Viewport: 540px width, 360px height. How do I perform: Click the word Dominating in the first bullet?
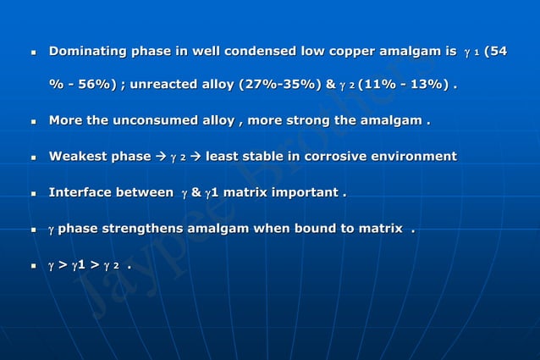[x=86, y=52]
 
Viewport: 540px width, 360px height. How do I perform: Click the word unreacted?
[x=168, y=85]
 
